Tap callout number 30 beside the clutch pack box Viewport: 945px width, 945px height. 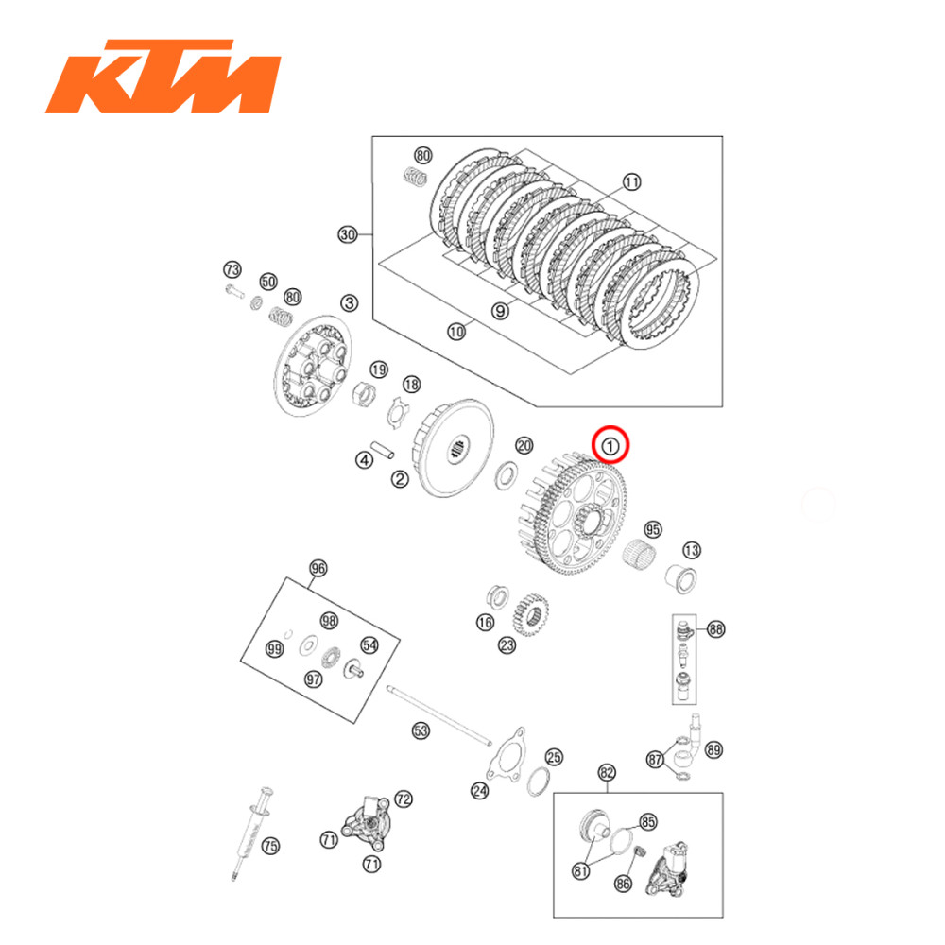348,234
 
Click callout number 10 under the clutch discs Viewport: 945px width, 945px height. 456,331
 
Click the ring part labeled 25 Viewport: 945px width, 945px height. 538,781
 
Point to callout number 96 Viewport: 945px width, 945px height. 318,568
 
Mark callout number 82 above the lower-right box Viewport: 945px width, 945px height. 606,772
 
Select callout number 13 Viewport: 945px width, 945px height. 692,550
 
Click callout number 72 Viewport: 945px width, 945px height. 404,799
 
